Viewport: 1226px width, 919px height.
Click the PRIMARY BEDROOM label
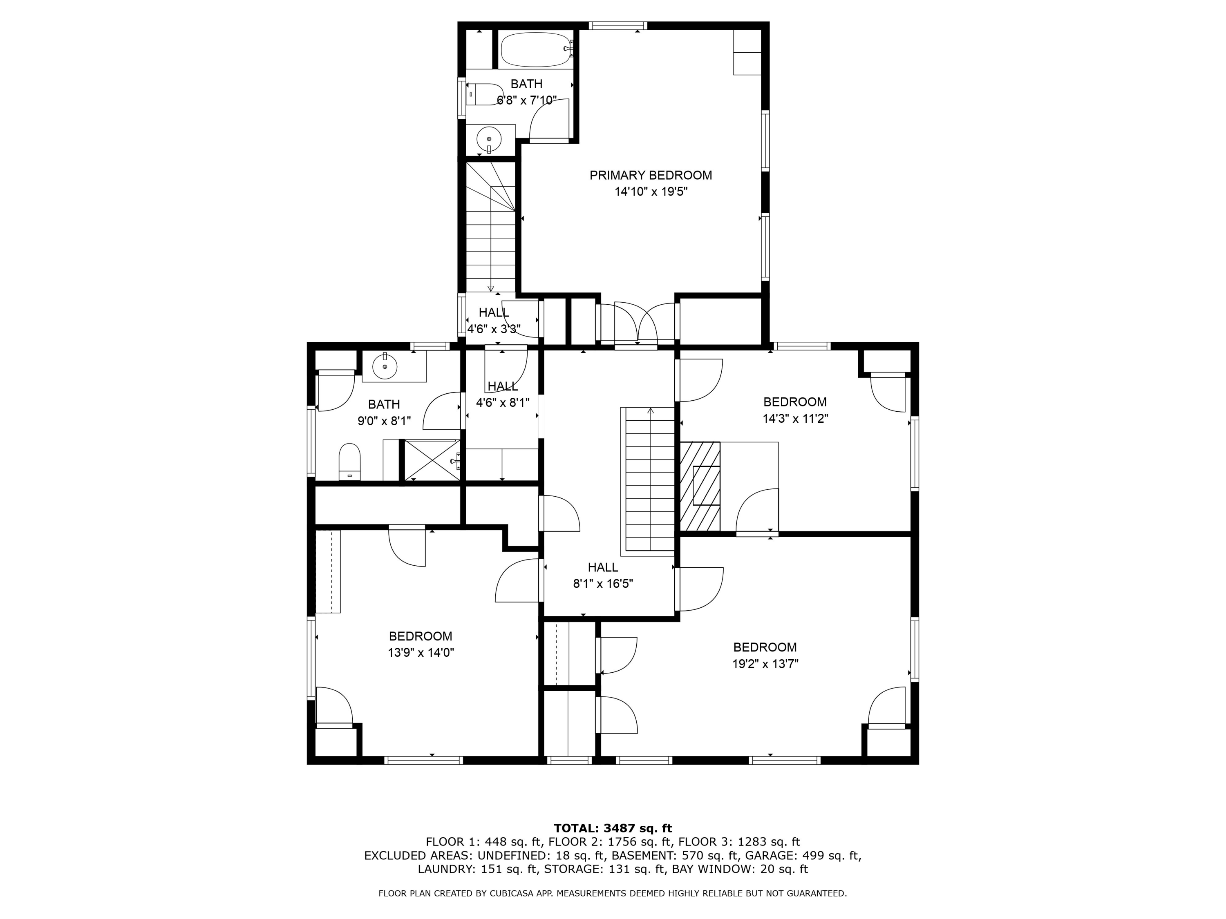pos(651,175)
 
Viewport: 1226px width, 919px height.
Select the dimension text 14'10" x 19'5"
pos(651,192)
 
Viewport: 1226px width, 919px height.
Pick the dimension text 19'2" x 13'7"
pos(765,664)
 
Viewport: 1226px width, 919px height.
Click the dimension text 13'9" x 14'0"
pos(421,653)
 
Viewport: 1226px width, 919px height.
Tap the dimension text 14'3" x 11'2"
pos(795,418)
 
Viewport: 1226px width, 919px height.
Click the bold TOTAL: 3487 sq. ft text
pos(613,828)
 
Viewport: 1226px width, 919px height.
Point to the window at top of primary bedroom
pos(618,25)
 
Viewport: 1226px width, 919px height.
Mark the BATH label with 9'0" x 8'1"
pos(384,404)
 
